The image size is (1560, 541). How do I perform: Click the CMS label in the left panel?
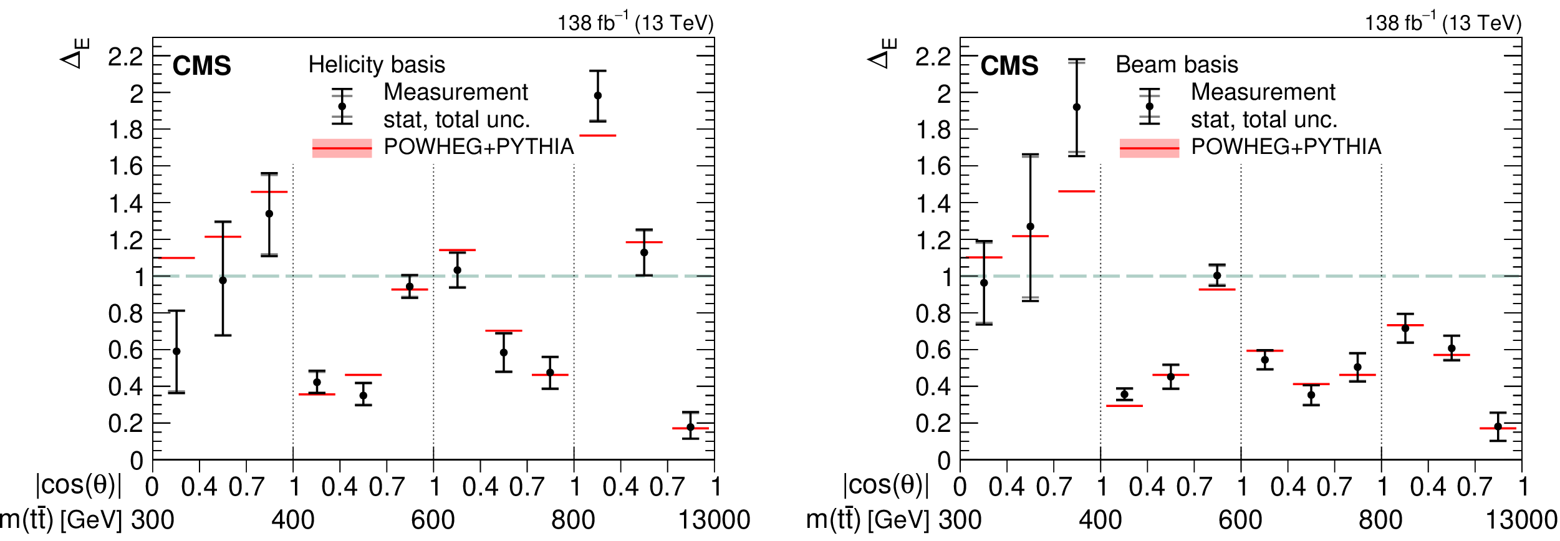click(x=201, y=66)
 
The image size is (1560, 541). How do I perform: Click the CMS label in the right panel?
click(x=1009, y=66)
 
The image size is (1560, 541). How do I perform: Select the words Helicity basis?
click(x=377, y=65)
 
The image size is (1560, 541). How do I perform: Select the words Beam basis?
click(x=1177, y=65)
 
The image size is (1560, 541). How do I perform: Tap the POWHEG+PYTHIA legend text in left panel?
click(x=478, y=146)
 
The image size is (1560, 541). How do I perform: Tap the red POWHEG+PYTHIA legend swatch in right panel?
click(x=1149, y=148)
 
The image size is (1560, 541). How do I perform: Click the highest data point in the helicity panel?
click(x=597, y=96)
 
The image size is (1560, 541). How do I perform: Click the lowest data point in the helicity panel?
click(x=690, y=428)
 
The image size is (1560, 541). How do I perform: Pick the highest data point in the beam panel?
click(x=1076, y=107)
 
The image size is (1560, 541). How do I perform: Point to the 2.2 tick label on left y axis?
click(x=125, y=57)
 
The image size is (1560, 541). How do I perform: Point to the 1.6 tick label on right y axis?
click(x=933, y=166)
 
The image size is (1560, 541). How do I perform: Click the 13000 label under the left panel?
click(x=714, y=520)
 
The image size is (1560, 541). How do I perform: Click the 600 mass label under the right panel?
click(x=1240, y=520)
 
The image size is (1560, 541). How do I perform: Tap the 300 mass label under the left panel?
click(x=152, y=520)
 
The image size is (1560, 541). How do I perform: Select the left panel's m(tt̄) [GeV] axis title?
click(x=61, y=520)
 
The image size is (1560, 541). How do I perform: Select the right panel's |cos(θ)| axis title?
click(x=885, y=485)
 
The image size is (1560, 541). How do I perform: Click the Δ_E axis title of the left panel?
click(x=75, y=54)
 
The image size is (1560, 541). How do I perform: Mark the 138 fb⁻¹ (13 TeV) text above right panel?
click(x=1443, y=23)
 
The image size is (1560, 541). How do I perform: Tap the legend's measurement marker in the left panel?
click(x=342, y=107)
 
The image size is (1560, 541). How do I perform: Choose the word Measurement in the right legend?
click(x=1263, y=92)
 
